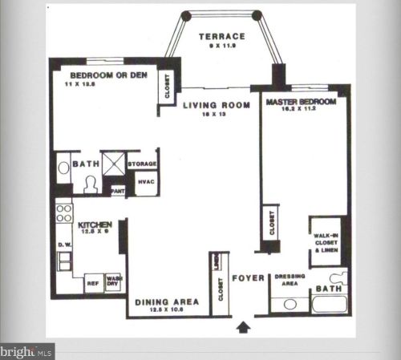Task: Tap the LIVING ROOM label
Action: (x=211, y=104)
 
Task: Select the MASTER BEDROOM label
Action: (x=302, y=103)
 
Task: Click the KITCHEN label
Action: (x=94, y=224)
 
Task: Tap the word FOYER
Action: (x=249, y=278)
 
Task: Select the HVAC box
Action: (x=144, y=183)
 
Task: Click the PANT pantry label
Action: (x=117, y=191)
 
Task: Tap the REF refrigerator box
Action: (x=92, y=282)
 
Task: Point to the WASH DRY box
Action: (x=113, y=281)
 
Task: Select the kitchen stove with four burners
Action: (x=63, y=213)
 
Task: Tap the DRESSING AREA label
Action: (x=290, y=279)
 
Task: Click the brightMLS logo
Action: (x=26, y=351)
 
